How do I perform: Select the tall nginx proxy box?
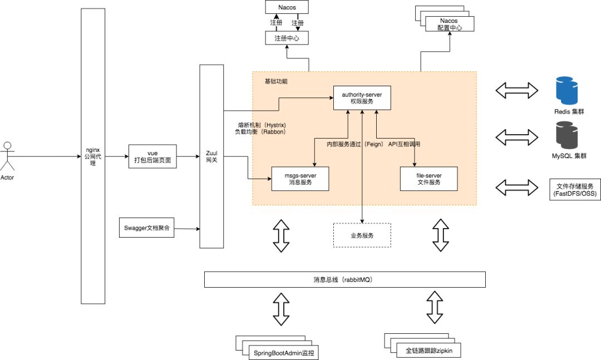(92, 156)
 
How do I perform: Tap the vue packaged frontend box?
(152, 156)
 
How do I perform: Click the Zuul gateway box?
(211, 156)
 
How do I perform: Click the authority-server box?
(362, 98)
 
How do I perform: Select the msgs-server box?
(300, 178)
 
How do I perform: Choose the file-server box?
(428, 178)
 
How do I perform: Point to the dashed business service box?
(362, 235)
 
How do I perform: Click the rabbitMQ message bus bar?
(345, 279)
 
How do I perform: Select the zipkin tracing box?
(429, 350)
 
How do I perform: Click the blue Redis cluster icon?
(568, 91)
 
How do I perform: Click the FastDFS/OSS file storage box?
(574, 190)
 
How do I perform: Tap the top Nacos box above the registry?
(287, 8)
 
